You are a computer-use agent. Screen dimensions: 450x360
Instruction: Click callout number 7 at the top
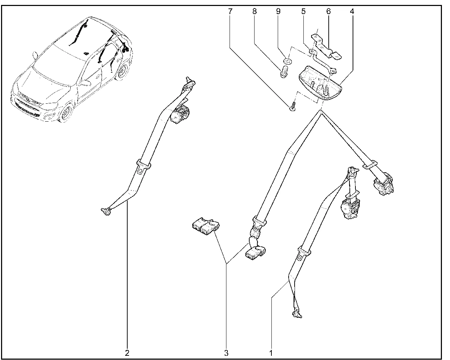[x=230, y=12]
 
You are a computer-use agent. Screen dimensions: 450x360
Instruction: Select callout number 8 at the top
[x=254, y=12]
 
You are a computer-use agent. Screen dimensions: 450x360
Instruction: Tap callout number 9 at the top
[x=278, y=12]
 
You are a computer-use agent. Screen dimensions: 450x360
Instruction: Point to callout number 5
[x=303, y=12]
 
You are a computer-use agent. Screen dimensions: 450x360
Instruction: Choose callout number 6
[x=328, y=12]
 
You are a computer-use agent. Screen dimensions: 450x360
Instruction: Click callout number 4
[x=352, y=12]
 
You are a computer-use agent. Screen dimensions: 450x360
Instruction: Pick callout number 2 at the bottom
[x=127, y=353]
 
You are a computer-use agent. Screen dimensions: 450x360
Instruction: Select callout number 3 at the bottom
[x=226, y=353]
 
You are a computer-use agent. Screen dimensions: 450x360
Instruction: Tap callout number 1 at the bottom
[x=271, y=353]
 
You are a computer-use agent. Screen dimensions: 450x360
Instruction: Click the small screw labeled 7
[x=293, y=107]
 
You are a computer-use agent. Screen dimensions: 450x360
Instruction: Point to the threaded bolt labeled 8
[x=283, y=72]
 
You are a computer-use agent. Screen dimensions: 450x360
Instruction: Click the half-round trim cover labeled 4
[x=320, y=84]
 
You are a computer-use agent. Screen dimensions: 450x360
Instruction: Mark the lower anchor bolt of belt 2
[x=107, y=212]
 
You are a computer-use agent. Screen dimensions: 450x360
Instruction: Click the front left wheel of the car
[x=66, y=113]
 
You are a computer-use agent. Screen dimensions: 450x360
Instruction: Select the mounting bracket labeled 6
[x=326, y=47]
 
